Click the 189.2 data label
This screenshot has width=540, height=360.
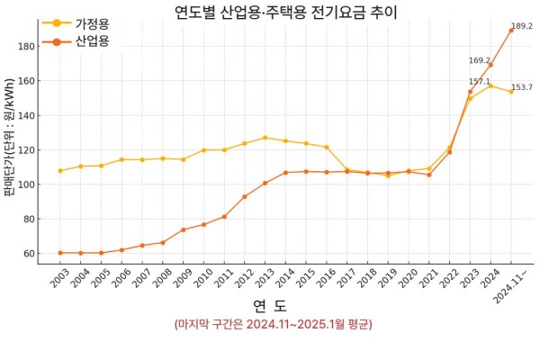click(522, 26)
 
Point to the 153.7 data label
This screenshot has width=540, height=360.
click(522, 87)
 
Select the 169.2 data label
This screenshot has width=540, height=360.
click(480, 60)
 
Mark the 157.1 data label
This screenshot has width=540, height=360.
click(480, 81)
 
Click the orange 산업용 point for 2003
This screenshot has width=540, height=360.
click(60, 253)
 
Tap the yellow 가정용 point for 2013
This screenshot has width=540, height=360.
click(265, 138)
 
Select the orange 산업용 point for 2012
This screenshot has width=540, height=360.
click(245, 196)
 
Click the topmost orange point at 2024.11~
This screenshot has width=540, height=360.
click(511, 30)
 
